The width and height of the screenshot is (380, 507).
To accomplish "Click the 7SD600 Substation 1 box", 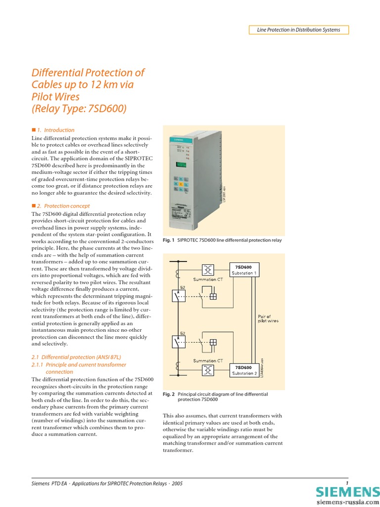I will [243, 270].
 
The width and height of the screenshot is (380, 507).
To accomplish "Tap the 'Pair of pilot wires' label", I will [268, 318].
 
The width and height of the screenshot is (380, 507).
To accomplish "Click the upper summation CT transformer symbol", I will [208, 269].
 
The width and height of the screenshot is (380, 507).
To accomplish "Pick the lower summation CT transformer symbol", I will [208, 371].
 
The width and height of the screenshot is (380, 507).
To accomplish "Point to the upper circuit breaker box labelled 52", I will [179, 296].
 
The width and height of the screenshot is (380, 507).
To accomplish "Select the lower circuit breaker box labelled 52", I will [179, 342].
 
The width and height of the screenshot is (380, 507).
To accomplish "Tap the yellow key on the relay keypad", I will [182, 184].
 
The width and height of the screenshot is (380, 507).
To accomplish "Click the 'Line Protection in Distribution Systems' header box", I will [298, 30].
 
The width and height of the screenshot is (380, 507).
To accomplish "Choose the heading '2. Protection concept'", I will [61, 205].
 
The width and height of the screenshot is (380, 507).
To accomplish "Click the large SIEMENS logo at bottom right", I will [347, 493].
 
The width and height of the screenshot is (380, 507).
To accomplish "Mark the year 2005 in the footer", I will [177, 483].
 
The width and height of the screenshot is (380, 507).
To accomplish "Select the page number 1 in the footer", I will [347, 483].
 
